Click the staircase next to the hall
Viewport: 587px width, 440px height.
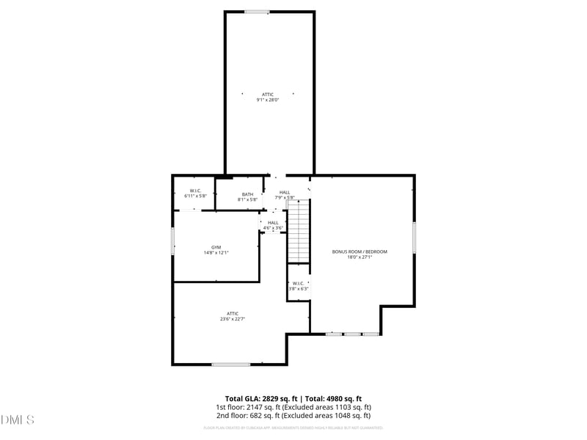point(298,232)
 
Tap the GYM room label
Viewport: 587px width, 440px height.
point(216,247)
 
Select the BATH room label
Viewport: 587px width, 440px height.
point(247,194)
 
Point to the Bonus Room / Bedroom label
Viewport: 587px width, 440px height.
point(360,252)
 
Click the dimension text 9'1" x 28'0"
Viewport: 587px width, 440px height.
point(268,100)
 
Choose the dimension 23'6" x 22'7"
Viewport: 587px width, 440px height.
point(232,319)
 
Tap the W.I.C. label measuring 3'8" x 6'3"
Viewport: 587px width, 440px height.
point(298,288)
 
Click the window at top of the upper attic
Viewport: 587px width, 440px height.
point(257,12)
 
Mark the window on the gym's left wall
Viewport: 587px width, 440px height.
point(172,241)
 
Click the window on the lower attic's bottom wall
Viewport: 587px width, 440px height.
point(231,364)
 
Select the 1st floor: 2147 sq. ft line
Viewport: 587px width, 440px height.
point(293,407)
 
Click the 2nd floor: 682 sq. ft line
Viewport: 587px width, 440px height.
point(293,416)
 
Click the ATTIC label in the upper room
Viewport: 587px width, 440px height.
point(268,95)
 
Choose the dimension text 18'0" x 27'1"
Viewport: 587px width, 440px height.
point(360,257)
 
